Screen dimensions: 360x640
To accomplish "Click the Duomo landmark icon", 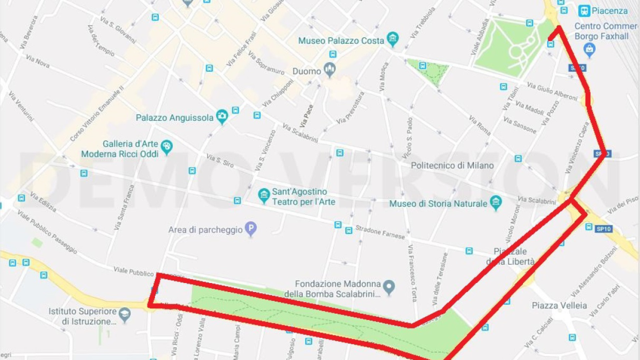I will click(330, 69).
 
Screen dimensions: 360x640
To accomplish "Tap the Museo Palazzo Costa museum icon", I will click(393, 39).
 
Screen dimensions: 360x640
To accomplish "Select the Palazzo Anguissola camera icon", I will click(222, 116).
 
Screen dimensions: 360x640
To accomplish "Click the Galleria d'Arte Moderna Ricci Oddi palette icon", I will click(166, 147).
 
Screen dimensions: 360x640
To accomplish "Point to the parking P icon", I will click(251, 228).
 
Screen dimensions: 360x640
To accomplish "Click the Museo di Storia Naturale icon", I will click(496, 202).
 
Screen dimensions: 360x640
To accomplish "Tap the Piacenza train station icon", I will click(584, 11).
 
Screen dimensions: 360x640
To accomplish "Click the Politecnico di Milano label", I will click(452, 166).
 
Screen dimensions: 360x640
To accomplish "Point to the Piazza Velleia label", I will click(559, 305).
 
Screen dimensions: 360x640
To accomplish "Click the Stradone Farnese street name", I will click(380, 232).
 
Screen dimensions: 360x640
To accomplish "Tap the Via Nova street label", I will click(38, 61).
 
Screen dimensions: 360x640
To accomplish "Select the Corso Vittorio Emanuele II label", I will click(97, 113).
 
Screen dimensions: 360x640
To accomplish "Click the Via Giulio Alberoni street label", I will click(552, 91).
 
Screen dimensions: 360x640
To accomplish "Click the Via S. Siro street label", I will click(220, 160).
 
